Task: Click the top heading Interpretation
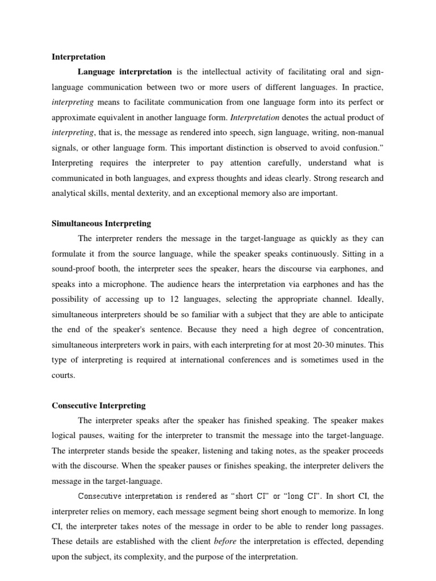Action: [x=78, y=57]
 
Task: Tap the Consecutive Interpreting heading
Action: [x=99, y=405]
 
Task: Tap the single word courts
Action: [x=64, y=374]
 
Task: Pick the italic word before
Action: [x=224, y=541]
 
